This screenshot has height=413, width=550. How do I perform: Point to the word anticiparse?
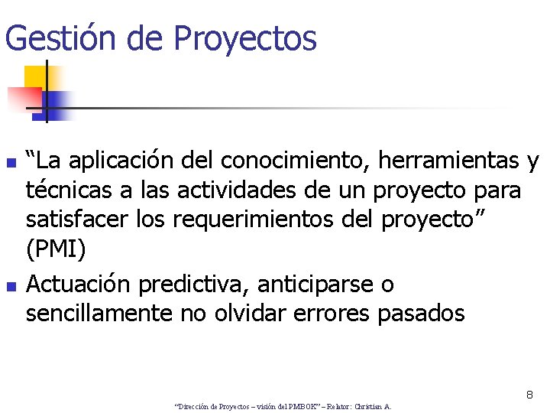tap(315, 285)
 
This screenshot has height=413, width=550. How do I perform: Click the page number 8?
tap(529, 395)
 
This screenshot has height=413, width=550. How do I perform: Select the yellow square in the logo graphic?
tap(36, 76)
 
